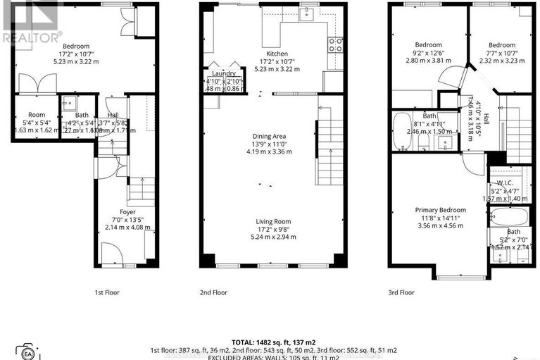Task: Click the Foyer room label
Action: (x=127, y=211)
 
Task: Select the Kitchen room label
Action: (x=277, y=54)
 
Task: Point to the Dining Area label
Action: (x=275, y=138)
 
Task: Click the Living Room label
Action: (x=275, y=221)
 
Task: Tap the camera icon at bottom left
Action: (x=28, y=352)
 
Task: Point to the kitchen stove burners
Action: (x=336, y=44)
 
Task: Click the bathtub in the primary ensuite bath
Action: (x=507, y=215)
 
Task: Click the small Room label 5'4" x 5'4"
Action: (x=37, y=115)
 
